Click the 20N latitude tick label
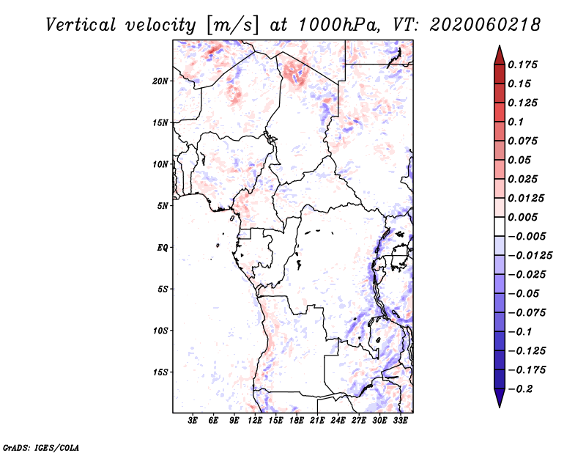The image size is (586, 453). tap(160, 81)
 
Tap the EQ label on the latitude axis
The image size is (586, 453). tap(163, 248)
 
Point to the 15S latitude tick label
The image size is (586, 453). tap(160, 372)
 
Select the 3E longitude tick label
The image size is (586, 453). tap(193, 420)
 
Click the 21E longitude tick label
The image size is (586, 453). tap(317, 420)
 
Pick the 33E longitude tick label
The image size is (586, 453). tap(400, 420)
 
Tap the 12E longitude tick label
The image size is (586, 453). tap(255, 420)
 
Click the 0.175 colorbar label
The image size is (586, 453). tap(522, 65)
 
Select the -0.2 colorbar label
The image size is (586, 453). tap(520, 389)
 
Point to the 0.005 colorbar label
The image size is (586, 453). tap(522, 217)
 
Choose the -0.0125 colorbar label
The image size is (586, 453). tap(530, 256)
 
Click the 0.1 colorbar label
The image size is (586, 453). tap(516, 122)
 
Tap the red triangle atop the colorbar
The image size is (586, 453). tap(500, 56)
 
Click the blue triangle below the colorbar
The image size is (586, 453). tap(500, 397)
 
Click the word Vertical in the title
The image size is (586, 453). tap(81, 25)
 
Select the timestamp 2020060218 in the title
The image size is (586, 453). tap(485, 25)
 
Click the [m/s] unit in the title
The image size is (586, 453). tap(232, 26)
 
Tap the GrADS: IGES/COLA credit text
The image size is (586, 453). tap(41, 447)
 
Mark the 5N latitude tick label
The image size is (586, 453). tap(163, 206)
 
